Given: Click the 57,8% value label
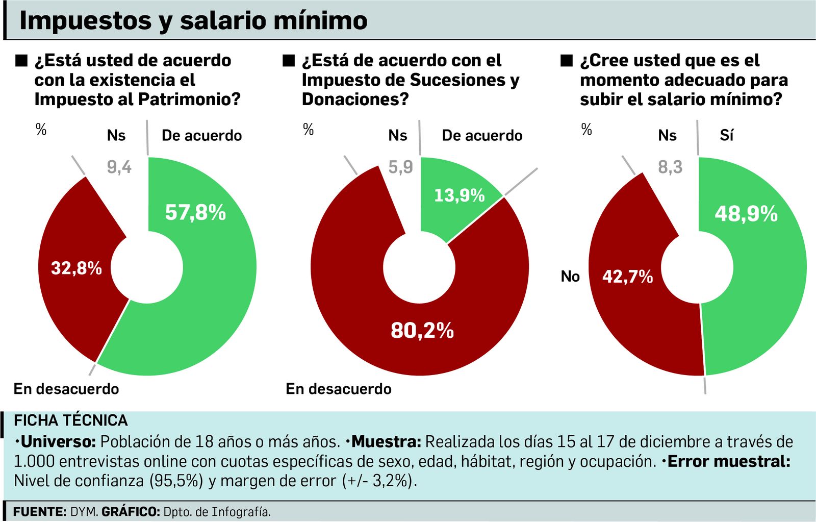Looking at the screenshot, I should click(x=195, y=212).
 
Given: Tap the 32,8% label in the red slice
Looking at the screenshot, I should click(x=76, y=268).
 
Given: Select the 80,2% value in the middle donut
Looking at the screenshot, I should click(x=422, y=331).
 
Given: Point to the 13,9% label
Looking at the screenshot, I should click(x=459, y=195).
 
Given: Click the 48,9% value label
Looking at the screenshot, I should click(x=746, y=214).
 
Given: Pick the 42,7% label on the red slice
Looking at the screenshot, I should click(x=627, y=277).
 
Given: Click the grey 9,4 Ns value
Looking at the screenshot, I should click(x=119, y=167).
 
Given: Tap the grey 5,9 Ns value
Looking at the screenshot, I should click(x=401, y=167).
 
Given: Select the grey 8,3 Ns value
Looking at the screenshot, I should click(x=670, y=167).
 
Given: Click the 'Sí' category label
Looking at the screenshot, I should click(x=726, y=135).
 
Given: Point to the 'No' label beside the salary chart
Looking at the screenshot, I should click(x=570, y=277).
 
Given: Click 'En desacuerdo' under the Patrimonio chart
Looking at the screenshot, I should click(x=66, y=389).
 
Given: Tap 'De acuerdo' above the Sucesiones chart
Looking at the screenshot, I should click(x=482, y=135).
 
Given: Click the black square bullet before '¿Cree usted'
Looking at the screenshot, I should click(x=567, y=61).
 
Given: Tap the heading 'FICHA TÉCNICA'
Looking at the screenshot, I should click(x=71, y=420).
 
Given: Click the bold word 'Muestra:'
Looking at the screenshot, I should click(x=386, y=441).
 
